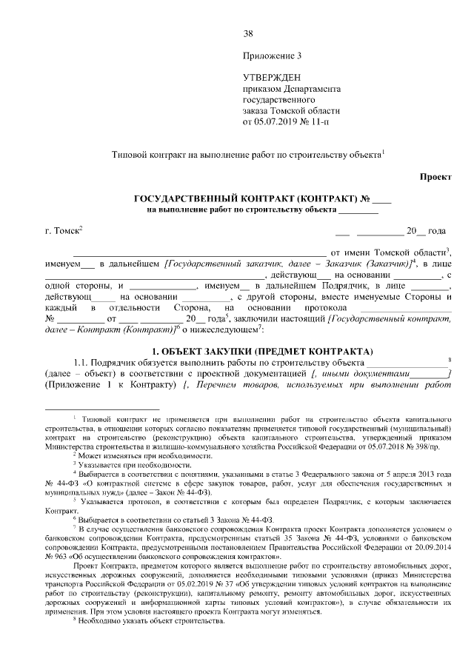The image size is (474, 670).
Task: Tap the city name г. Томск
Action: pos(61,232)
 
